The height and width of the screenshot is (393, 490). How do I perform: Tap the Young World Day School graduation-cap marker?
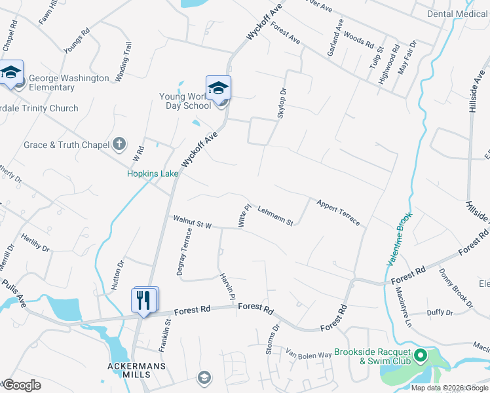(x=218, y=88)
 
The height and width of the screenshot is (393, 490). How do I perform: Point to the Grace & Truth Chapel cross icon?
(x=119, y=143)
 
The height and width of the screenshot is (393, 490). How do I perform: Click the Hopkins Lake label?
(x=153, y=174)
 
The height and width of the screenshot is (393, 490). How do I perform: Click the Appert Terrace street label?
(x=338, y=212)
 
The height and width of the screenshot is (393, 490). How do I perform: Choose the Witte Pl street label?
(x=244, y=216)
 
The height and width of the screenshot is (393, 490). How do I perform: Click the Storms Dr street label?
(x=272, y=339)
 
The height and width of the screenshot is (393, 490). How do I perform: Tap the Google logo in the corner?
(x=22, y=385)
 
